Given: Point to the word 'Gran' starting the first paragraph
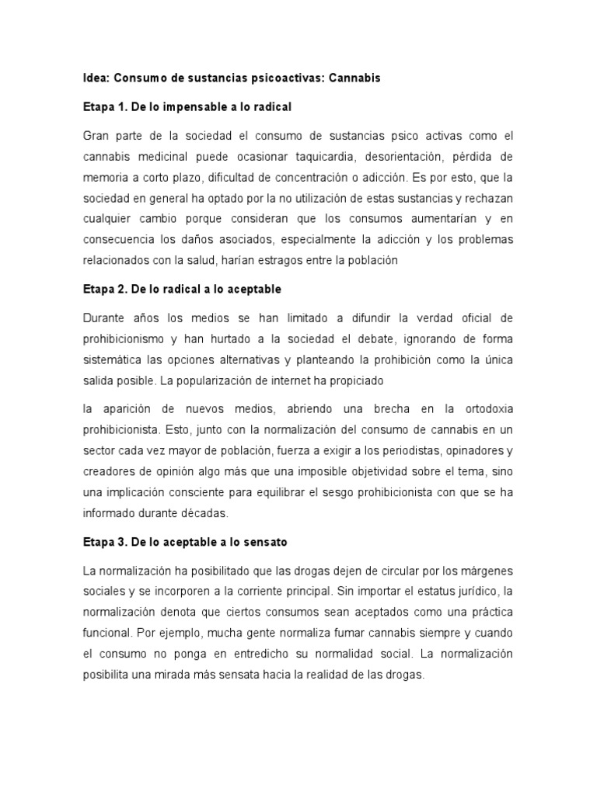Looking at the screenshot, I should point(97,136).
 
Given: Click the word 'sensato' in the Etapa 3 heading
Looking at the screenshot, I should point(264,541).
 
